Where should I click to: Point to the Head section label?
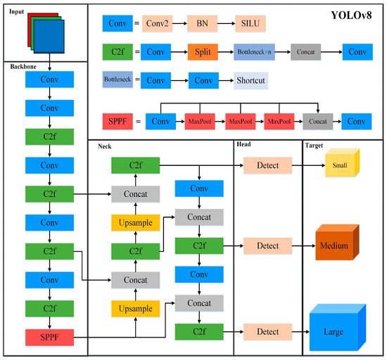tap(243, 146)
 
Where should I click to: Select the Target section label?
tap(314, 146)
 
